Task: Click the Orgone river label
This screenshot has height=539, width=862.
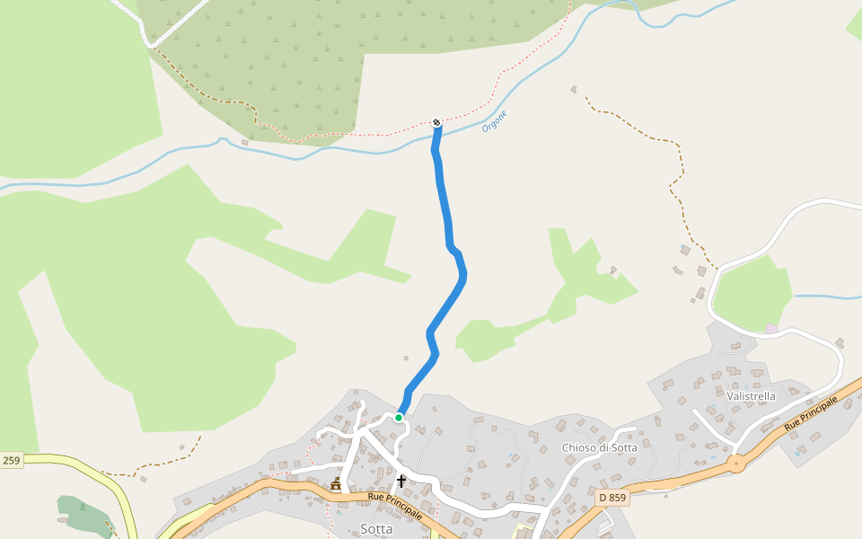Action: [495, 121]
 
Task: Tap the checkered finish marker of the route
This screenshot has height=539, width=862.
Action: [436, 122]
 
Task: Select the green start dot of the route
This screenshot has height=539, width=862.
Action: [399, 417]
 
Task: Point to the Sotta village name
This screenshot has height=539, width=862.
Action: [376, 529]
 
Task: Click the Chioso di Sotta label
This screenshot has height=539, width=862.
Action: [599, 447]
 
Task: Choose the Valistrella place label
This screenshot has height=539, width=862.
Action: [752, 395]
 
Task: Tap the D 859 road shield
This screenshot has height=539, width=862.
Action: [611, 497]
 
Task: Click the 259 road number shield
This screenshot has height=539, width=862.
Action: [11, 461]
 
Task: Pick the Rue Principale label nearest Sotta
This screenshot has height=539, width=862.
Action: [395, 504]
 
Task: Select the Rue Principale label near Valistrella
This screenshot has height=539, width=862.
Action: [817, 412]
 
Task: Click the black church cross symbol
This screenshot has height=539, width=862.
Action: [401, 481]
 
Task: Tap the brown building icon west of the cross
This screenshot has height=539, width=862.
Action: [336, 485]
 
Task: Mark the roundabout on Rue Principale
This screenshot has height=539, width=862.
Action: [737, 464]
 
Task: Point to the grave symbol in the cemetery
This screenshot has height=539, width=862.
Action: [83, 507]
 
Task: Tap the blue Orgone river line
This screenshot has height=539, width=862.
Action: [269, 152]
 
